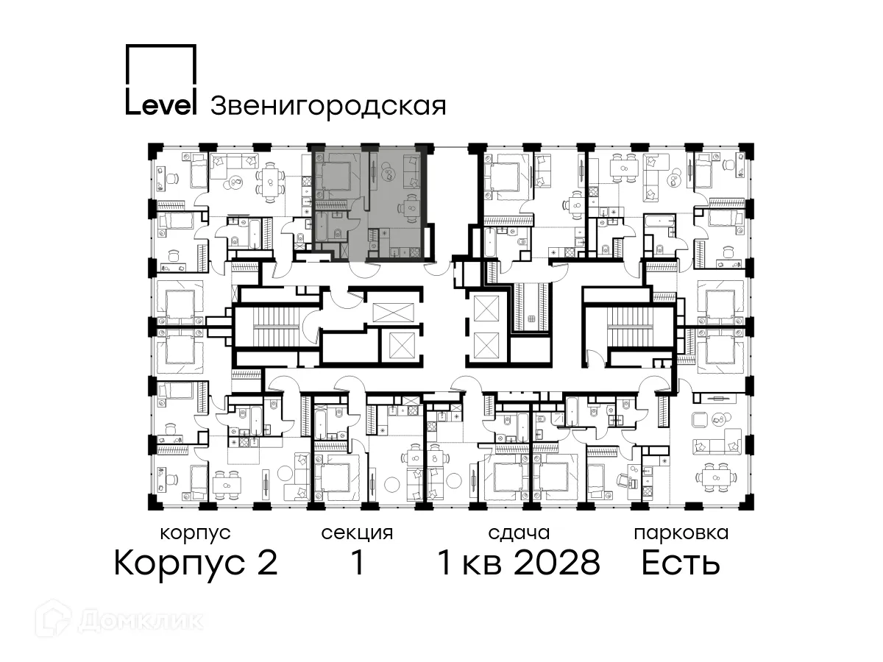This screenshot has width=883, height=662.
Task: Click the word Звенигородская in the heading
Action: [328, 107]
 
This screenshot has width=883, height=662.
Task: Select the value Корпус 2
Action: [196, 564]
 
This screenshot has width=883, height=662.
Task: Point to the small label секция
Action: [357, 533]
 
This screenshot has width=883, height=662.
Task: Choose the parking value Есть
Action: [680, 564]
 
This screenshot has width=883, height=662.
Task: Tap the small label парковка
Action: [681, 533]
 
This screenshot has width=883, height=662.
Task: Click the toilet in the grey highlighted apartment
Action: [336, 234]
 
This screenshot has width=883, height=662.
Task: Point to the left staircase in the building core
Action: [272, 327]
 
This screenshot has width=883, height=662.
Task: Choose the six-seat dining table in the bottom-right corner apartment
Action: [713, 479]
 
